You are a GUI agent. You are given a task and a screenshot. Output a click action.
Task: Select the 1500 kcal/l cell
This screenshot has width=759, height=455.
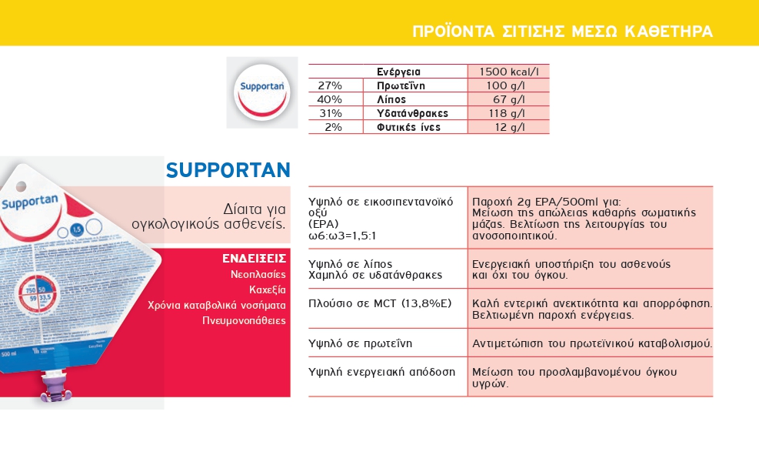click(508, 72)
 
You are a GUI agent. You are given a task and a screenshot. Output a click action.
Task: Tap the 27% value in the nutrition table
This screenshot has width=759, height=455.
click(330, 85)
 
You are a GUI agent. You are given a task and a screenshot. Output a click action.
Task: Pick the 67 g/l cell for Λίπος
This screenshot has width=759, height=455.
click(508, 99)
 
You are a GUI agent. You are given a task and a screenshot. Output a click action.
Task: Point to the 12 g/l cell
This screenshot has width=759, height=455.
click(509, 127)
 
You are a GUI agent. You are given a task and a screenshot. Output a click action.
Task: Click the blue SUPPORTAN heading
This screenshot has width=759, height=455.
click(228, 170)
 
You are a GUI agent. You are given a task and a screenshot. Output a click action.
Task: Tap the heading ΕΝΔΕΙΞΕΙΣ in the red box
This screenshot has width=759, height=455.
click(254, 258)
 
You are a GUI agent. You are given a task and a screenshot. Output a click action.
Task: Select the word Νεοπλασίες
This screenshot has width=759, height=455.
click(258, 274)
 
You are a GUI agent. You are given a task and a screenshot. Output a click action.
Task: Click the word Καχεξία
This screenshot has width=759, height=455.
click(268, 289)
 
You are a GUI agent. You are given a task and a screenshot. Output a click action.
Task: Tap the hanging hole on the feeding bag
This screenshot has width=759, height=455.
click(21, 187)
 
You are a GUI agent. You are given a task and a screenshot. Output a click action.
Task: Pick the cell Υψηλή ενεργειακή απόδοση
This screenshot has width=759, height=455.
click(381, 372)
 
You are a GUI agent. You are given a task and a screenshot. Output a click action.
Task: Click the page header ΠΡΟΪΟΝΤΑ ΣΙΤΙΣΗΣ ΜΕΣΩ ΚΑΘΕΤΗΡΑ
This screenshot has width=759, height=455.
click(562, 32)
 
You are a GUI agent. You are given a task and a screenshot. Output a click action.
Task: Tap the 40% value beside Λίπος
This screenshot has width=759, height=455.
click(330, 99)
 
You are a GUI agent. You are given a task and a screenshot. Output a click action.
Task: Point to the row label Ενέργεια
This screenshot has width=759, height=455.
click(398, 72)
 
